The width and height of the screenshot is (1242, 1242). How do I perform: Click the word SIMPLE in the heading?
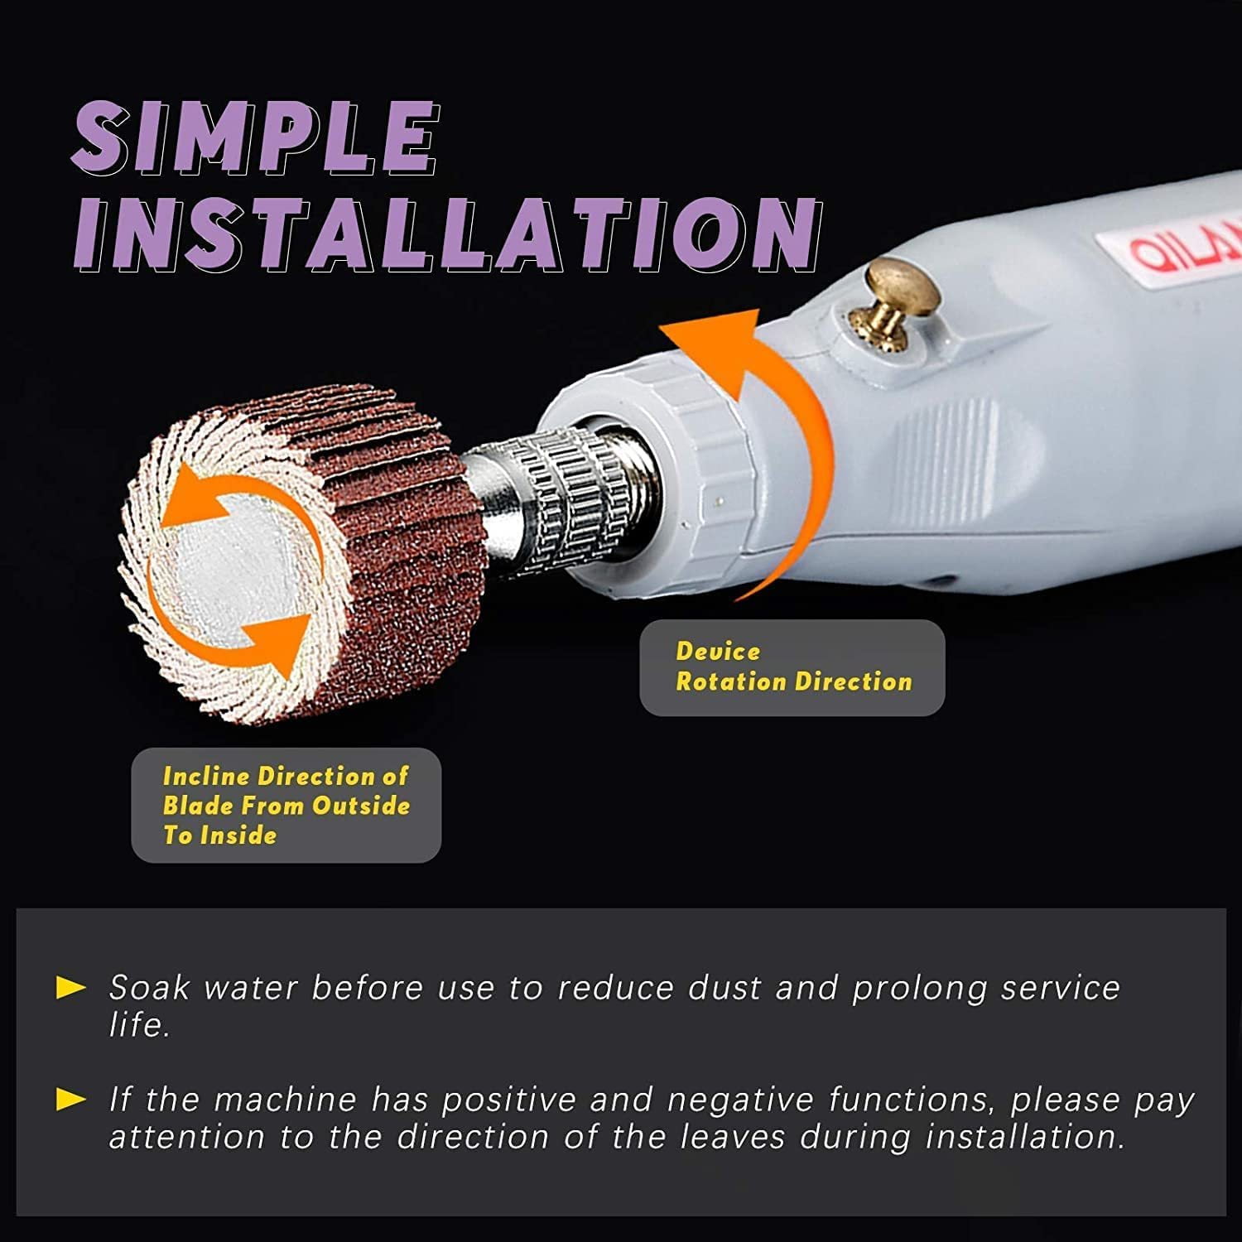[255, 138]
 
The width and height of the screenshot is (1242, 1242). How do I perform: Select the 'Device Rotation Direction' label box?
[792, 667]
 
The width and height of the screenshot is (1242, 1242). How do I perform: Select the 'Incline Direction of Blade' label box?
[286, 805]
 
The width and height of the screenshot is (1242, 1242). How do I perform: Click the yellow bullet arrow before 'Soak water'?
[71, 987]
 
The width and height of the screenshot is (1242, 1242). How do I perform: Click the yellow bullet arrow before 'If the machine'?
[71, 1100]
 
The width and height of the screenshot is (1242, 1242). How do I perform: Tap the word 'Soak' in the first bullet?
[150, 987]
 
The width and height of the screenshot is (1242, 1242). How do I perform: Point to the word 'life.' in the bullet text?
[140, 1025]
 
